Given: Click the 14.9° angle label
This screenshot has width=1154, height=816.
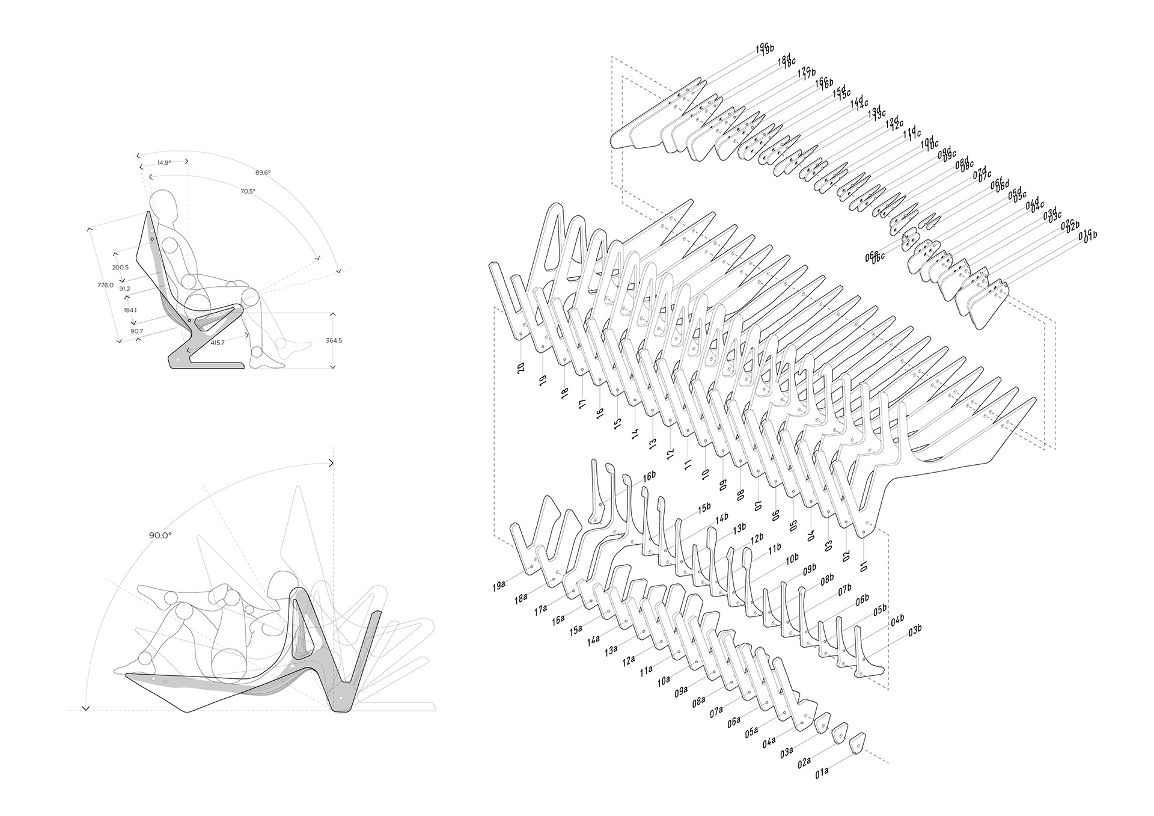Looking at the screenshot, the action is pyautogui.click(x=163, y=162).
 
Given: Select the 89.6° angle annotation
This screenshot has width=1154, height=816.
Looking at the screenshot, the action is pyautogui.click(x=263, y=173).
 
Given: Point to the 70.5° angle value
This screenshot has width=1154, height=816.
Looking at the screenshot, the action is pyautogui.click(x=248, y=191).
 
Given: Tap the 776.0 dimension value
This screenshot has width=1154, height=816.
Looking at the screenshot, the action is pyautogui.click(x=106, y=285).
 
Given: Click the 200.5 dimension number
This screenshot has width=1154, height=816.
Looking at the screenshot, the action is pyautogui.click(x=120, y=267).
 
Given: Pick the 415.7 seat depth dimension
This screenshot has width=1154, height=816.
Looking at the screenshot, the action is pyautogui.click(x=218, y=342).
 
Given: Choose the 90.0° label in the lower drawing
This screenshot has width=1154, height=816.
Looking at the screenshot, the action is pyautogui.click(x=160, y=535).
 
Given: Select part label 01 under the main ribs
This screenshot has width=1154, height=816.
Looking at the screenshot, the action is pyautogui.click(x=864, y=565).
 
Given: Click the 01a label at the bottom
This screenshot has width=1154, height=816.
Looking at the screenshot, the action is pyautogui.click(x=822, y=790).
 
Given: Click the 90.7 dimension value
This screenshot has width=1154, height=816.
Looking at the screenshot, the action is pyautogui.click(x=136, y=331).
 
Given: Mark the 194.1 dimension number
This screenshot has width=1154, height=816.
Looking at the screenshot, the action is pyautogui.click(x=130, y=310).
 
